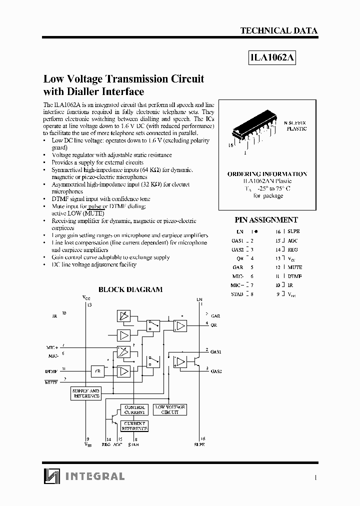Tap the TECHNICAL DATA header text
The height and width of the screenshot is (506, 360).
(x=278, y=30)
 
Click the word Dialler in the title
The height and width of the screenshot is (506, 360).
(x=96, y=91)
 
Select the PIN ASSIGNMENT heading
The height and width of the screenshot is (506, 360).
(x=266, y=219)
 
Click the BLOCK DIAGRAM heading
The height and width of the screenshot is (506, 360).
(x=130, y=289)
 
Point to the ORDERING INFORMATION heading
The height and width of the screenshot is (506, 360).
(x=267, y=173)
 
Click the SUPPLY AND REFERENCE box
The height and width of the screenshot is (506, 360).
(x=86, y=393)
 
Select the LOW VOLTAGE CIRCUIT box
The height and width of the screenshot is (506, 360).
(x=170, y=409)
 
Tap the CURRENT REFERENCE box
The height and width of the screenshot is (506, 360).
(x=134, y=425)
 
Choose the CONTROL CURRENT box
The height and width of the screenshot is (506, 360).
(x=134, y=409)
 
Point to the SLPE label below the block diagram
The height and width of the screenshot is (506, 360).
(x=199, y=444)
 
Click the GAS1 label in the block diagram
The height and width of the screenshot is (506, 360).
(x=216, y=352)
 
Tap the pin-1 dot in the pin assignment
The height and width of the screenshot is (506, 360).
(x=256, y=231)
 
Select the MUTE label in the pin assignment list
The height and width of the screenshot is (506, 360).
(x=295, y=267)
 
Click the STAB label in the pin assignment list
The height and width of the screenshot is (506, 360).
(x=237, y=294)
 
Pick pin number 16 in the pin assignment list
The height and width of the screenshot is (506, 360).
(x=278, y=231)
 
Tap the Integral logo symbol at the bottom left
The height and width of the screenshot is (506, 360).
(x=51, y=476)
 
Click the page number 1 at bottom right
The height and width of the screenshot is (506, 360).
(x=315, y=477)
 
